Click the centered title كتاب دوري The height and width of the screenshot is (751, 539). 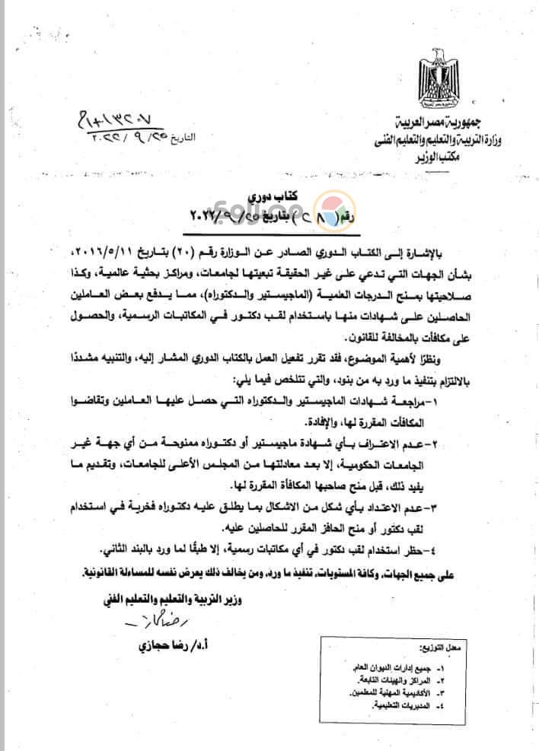(264, 196)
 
